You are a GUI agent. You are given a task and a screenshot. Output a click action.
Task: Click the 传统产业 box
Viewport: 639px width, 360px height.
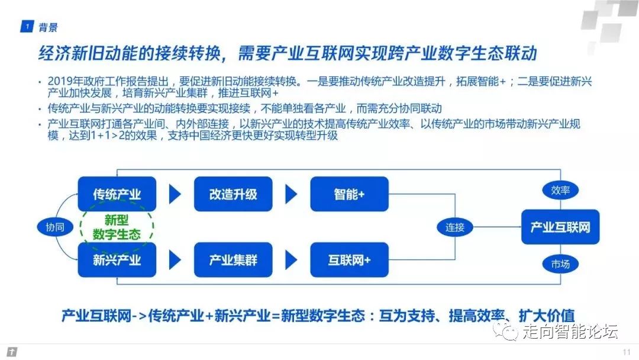point(117,194)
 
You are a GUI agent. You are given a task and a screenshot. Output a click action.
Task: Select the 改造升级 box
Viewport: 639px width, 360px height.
point(233,194)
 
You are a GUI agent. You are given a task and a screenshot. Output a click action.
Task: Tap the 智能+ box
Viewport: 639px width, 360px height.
point(349,194)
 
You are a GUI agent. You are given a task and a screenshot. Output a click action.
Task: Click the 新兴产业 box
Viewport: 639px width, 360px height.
point(117,260)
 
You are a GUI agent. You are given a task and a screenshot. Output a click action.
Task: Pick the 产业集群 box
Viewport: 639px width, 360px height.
point(233,260)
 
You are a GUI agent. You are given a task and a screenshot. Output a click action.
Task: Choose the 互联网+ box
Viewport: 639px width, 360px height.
point(349,260)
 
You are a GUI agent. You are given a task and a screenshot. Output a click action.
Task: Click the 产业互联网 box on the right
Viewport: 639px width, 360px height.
point(560,227)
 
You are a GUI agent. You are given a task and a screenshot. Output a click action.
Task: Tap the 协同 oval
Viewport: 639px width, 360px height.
point(54,227)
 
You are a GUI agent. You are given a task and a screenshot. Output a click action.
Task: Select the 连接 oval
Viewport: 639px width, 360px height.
point(454,227)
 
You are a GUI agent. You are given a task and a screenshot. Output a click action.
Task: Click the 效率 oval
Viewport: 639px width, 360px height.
point(560,190)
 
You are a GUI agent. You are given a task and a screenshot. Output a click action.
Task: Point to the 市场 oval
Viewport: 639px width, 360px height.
point(560,264)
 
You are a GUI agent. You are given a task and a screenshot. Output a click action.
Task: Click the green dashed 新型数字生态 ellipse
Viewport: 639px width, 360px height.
point(117,227)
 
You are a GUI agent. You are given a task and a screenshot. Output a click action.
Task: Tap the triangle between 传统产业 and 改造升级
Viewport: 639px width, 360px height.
point(175,194)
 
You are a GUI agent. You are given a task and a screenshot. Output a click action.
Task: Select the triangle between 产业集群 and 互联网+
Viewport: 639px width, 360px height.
point(291,260)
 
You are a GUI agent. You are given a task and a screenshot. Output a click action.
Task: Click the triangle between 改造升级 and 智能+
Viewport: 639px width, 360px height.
point(291,194)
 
